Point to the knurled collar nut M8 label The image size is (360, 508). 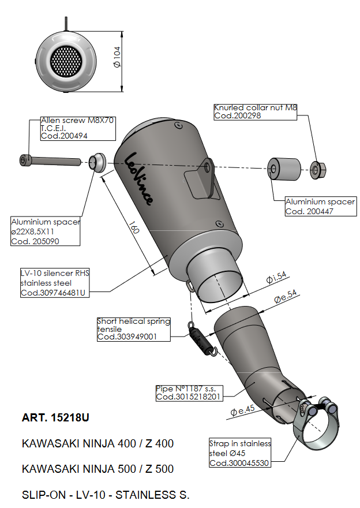tap(254, 111)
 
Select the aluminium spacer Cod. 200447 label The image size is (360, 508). tap(320, 207)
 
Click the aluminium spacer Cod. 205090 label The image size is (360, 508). tap(46, 231)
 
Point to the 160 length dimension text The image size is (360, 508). tap(134, 228)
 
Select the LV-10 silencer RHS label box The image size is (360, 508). tap(55, 283)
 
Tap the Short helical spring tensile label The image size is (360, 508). tap(133, 329)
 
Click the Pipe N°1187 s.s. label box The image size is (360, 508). tap(189, 393)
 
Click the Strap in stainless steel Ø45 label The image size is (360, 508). tap(239, 453)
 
